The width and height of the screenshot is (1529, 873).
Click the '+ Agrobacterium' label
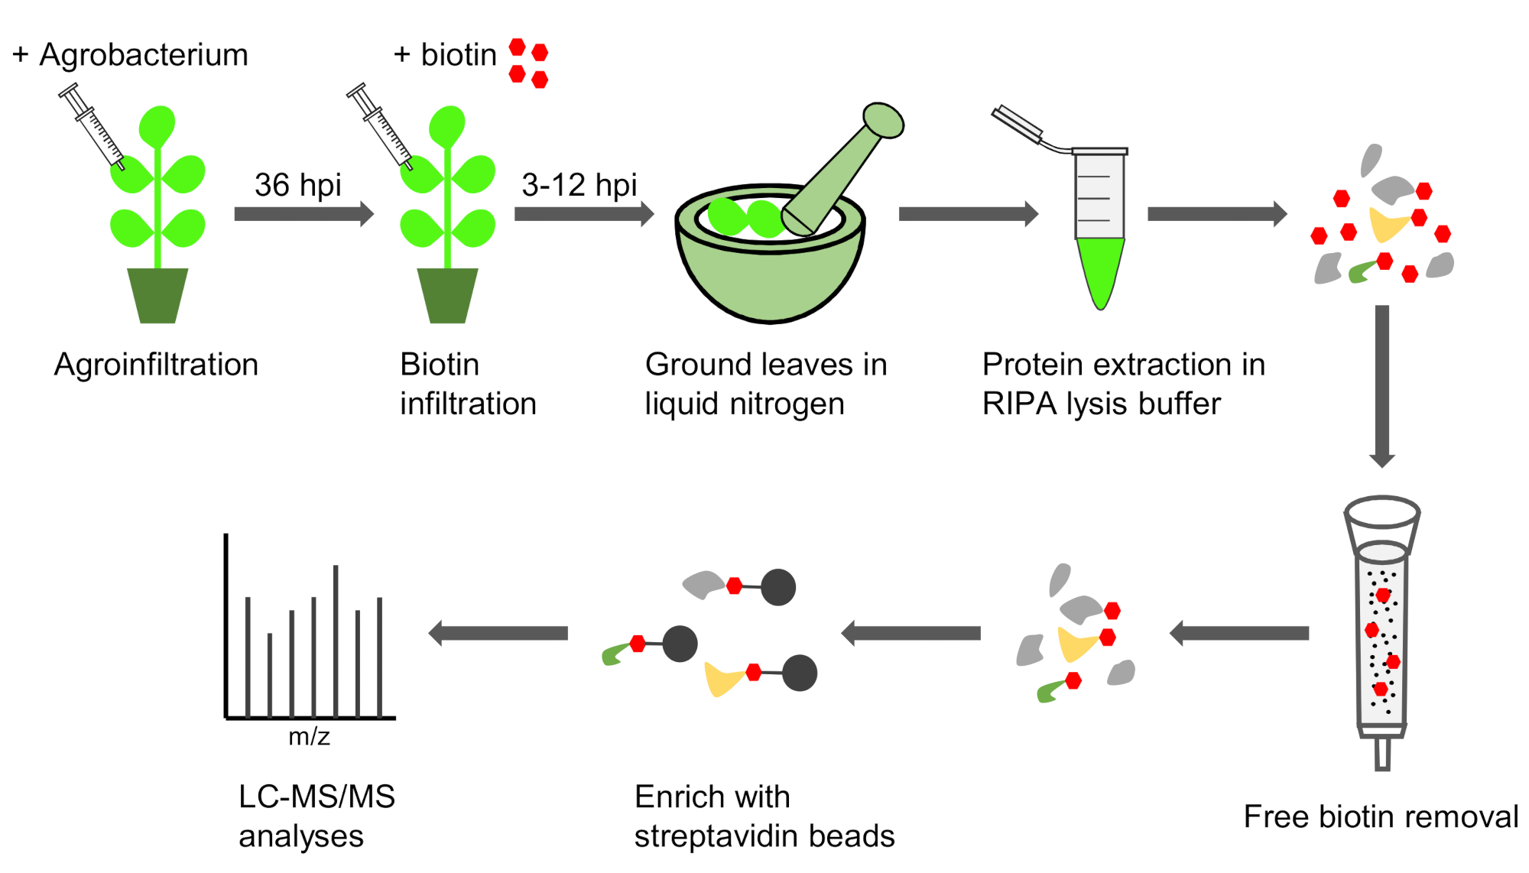pyautogui.click(x=130, y=55)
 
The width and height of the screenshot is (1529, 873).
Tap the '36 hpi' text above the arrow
pyautogui.click(x=297, y=185)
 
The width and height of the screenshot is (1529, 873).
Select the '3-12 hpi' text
pyautogui.click(x=579, y=185)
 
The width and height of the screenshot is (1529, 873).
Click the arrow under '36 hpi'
pyautogui.click(x=304, y=214)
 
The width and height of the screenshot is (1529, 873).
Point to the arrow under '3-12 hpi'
pyautogui.click(x=584, y=214)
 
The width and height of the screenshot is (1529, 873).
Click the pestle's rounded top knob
pyautogui.click(x=884, y=120)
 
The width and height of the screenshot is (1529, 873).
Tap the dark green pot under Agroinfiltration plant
pyautogui.click(x=157, y=295)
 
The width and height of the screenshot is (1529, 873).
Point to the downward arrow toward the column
pyautogui.click(x=1382, y=386)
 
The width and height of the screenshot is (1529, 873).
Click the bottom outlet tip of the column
pyautogui.click(x=1382, y=754)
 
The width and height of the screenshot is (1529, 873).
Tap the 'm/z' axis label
pyautogui.click(x=309, y=736)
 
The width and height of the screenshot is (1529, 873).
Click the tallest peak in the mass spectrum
pyautogui.click(x=336, y=641)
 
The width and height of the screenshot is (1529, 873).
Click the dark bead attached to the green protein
pyautogui.click(x=680, y=644)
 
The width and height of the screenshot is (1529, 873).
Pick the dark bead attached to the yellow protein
pyautogui.click(x=800, y=673)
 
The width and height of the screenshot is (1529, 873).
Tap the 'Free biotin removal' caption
pyautogui.click(x=1381, y=816)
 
